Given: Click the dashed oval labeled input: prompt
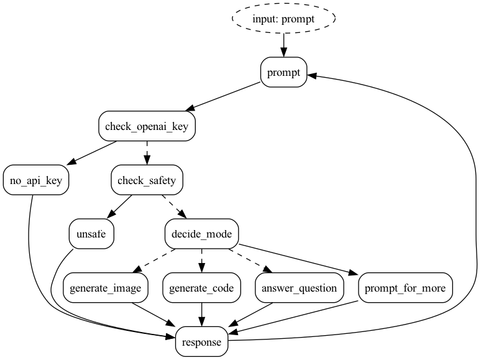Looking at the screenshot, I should [x=283, y=19].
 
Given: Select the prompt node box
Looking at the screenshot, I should [x=283, y=73].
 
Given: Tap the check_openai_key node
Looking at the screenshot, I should [x=147, y=127].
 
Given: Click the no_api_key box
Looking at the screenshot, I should [x=35, y=181].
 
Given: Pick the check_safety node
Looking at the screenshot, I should [x=147, y=181].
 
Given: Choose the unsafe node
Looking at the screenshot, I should [x=91, y=234].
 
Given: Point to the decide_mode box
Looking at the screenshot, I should [x=202, y=234].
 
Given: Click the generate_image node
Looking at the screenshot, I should [x=106, y=288].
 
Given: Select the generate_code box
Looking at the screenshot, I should [x=202, y=288].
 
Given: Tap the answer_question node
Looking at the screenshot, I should [x=300, y=288].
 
